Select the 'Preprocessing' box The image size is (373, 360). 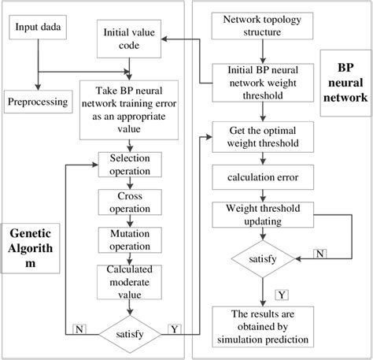click(x=37, y=102)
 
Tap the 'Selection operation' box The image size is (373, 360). click(x=130, y=164)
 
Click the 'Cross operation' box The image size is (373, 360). click(x=130, y=201)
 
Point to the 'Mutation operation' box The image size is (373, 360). click(x=130, y=239)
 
